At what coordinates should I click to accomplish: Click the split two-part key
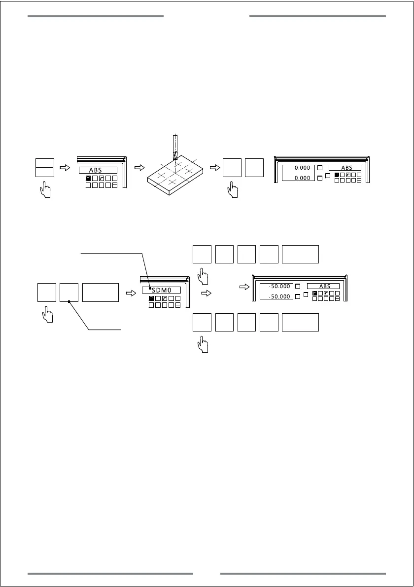[45, 168]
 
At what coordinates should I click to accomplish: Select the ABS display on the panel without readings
[98, 170]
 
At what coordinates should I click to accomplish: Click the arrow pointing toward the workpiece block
[140, 168]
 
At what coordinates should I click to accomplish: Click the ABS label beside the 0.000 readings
[347, 168]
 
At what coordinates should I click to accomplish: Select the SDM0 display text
[161, 290]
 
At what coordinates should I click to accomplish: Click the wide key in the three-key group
[101, 293]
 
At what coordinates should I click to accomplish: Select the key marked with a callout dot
[69, 293]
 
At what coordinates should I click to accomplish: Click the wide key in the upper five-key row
[300, 254]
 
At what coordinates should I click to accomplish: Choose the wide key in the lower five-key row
[300, 322]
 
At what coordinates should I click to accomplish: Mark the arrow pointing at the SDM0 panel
[131, 293]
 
